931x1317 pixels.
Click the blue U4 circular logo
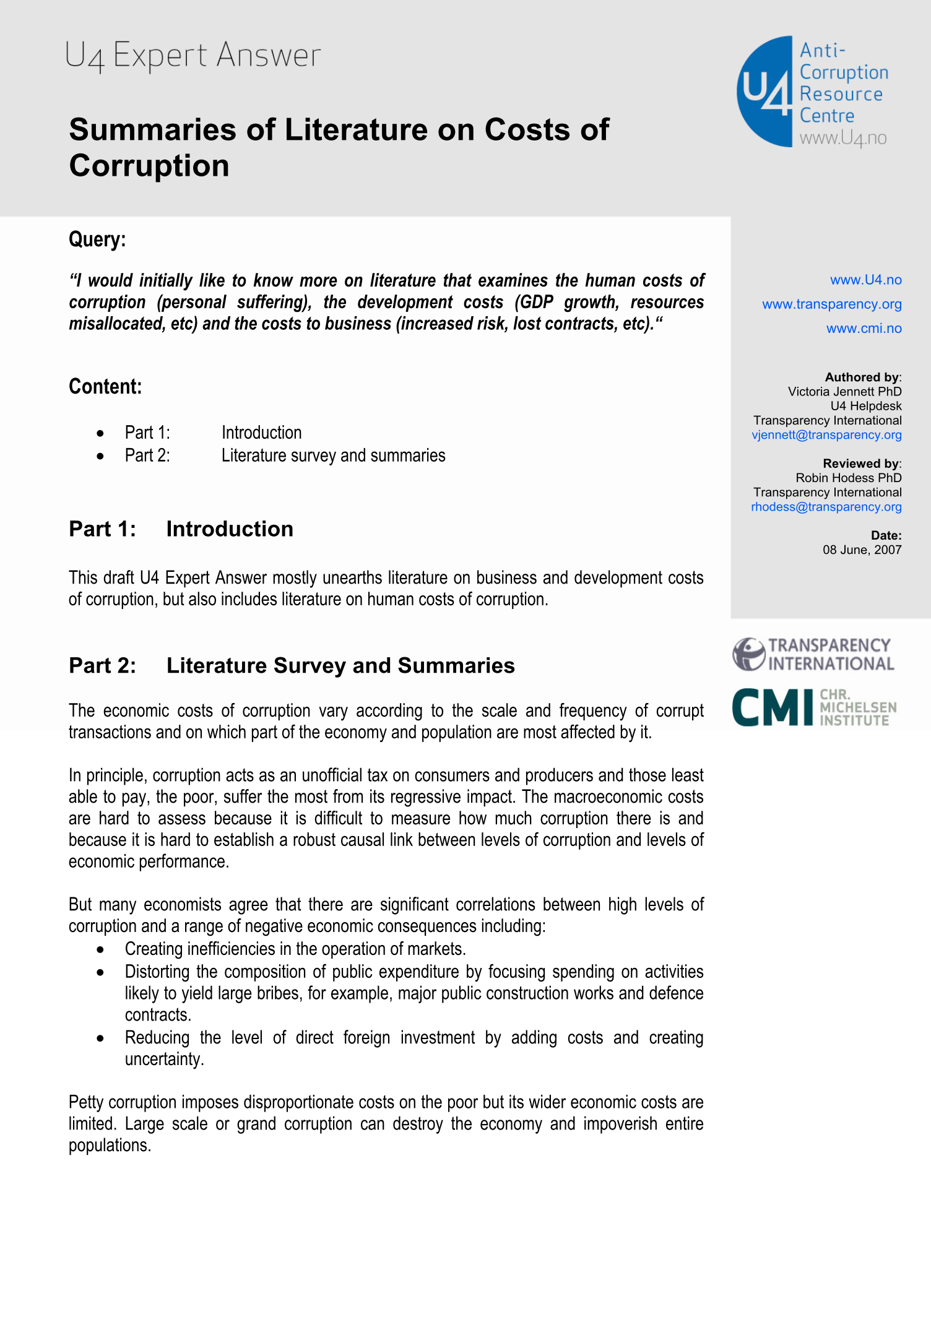pyautogui.click(x=765, y=92)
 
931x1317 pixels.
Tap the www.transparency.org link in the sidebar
pyautogui.click(x=831, y=304)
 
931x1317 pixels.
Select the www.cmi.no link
pyautogui.click(x=864, y=329)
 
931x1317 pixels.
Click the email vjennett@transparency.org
pyautogui.click(x=826, y=434)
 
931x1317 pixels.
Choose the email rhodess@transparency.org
pyautogui.click(x=826, y=507)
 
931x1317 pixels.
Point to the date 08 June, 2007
pyautogui.click(x=862, y=550)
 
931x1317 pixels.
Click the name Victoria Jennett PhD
pyautogui.click(x=844, y=392)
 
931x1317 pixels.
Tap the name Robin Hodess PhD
pyautogui.click(x=848, y=478)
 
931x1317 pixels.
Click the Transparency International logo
pyautogui.click(x=813, y=654)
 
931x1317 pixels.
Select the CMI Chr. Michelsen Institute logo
pyautogui.click(x=813, y=707)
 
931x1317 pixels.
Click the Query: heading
pyautogui.click(x=97, y=240)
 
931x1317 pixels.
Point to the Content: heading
pyautogui.click(x=105, y=387)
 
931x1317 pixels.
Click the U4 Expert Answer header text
pyautogui.click(x=193, y=56)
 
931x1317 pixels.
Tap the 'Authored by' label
pyautogui.click(x=862, y=377)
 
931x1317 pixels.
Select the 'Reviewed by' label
pyautogui.click(x=860, y=464)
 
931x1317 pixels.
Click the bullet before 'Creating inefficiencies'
pyautogui.click(x=100, y=950)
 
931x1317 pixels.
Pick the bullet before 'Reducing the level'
pyautogui.click(x=100, y=1038)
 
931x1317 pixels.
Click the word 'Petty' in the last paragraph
pyautogui.click(x=86, y=1103)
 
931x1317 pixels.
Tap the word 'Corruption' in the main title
pyautogui.click(x=149, y=166)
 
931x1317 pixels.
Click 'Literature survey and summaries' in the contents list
pyautogui.click(x=333, y=456)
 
